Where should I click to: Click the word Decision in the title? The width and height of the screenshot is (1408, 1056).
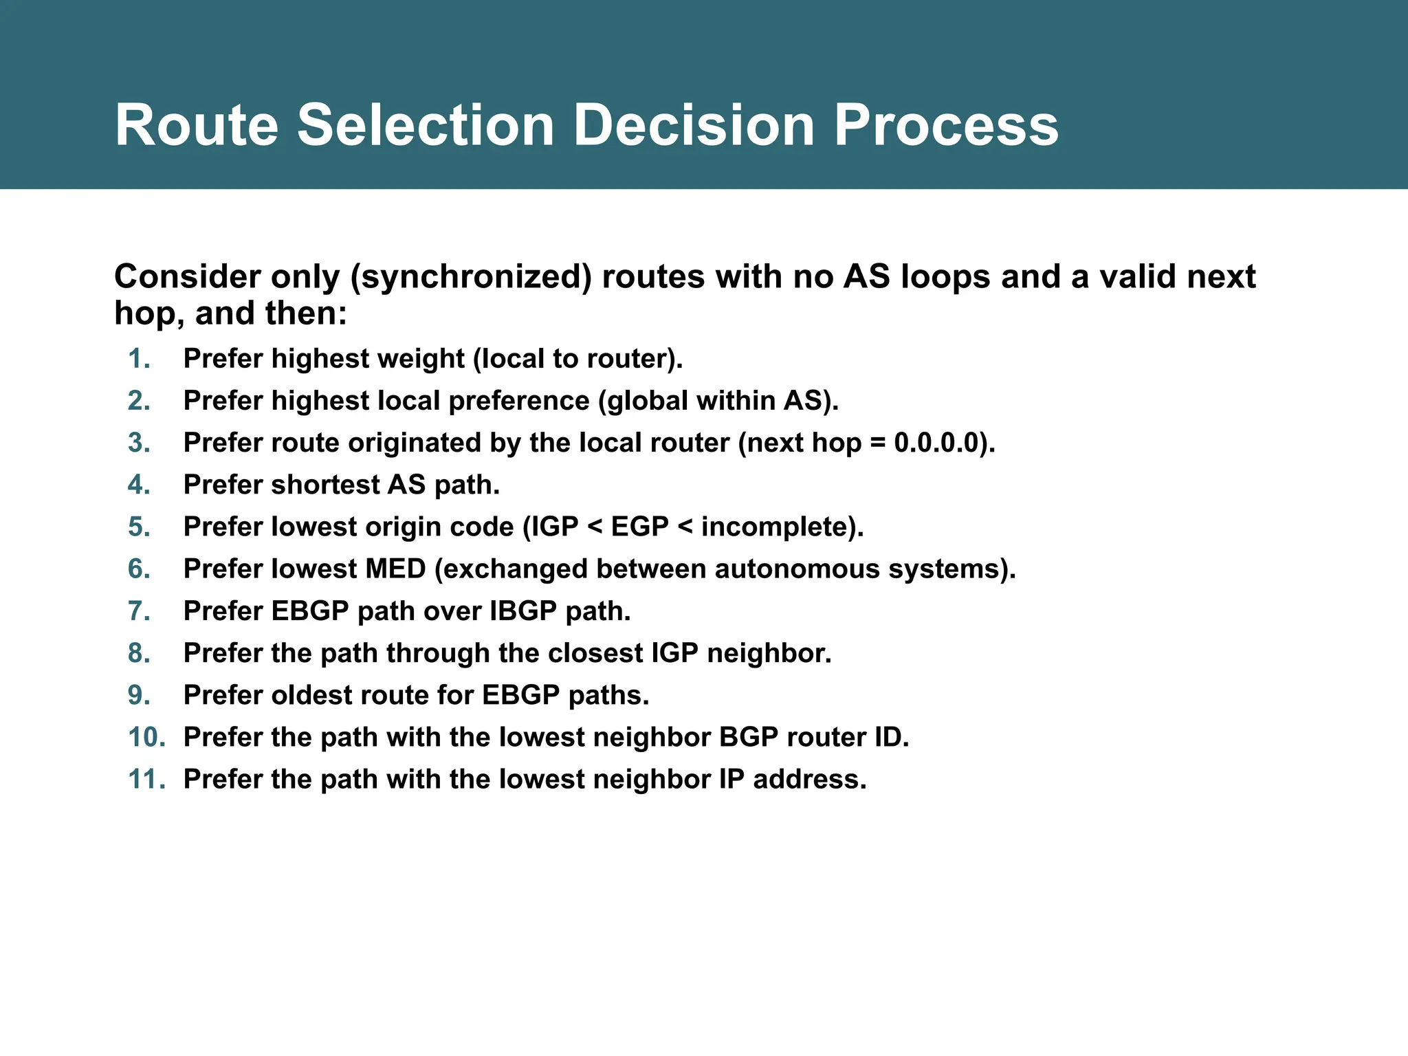[694, 125]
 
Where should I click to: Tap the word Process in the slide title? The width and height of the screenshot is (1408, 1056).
[946, 125]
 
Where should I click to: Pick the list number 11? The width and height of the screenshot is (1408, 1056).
[146, 780]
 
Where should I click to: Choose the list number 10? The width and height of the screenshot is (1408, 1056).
[146, 738]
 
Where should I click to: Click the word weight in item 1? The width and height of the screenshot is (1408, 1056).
[426, 359]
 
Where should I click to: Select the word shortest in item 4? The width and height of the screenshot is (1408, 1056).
[324, 485]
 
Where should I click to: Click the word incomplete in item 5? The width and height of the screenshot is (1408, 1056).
[775, 527]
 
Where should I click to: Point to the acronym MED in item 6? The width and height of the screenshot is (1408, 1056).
[395, 569]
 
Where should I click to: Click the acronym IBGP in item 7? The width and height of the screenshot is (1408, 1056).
[522, 611]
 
